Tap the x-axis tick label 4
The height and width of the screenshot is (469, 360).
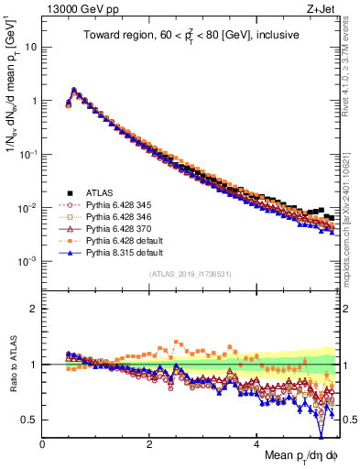(x=256, y=444)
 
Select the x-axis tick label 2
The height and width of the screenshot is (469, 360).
(x=149, y=444)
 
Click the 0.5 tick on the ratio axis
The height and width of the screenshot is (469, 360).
(x=29, y=420)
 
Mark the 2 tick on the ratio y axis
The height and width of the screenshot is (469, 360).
(x=34, y=309)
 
